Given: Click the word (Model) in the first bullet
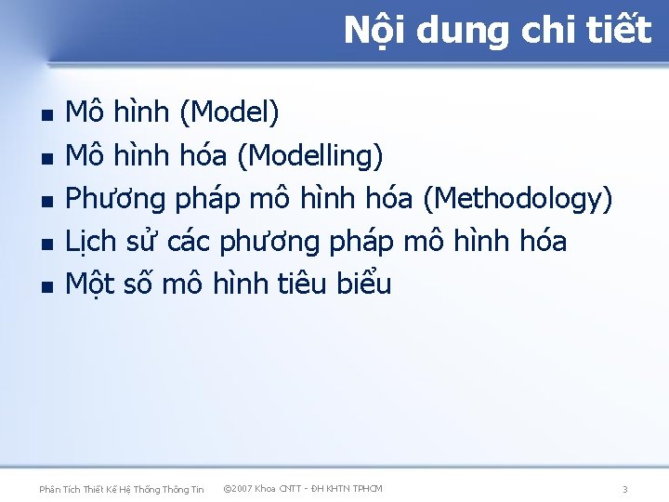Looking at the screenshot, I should [x=229, y=113].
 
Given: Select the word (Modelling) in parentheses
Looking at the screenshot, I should [x=309, y=156].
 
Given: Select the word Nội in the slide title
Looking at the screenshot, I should [x=375, y=31].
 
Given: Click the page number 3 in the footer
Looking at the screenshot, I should [x=625, y=489].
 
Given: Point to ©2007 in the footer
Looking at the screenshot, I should [x=241, y=488].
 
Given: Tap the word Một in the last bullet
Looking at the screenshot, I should [x=91, y=284].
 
